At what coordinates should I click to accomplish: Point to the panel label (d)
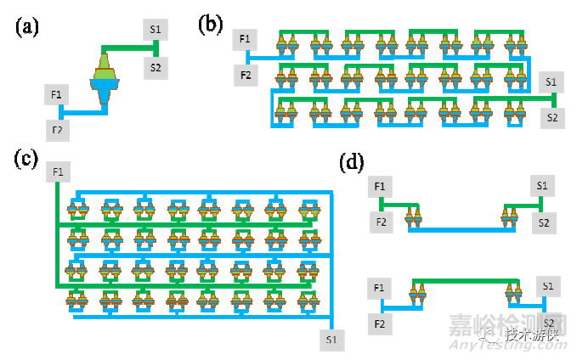point(351,161)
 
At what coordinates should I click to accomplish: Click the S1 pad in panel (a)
point(156,31)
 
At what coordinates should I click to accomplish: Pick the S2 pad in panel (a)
point(156,67)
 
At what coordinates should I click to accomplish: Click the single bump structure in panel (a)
point(103,81)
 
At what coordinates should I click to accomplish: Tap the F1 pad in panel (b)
point(245,39)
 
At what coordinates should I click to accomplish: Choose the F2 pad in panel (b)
point(245,76)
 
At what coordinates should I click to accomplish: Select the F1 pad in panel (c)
point(58,172)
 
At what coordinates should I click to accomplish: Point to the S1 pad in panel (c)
point(330,340)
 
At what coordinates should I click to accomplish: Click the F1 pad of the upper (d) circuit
point(379,186)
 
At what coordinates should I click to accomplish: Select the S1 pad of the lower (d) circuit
point(548,287)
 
